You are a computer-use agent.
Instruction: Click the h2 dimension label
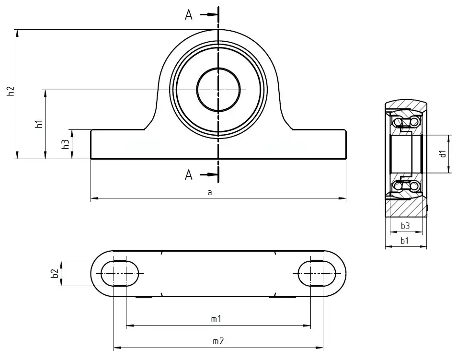tap(11, 93)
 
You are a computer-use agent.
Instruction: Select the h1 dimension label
tap(39, 124)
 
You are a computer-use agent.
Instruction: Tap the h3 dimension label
tap(66, 144)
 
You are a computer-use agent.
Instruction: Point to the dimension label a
tap(209, 193)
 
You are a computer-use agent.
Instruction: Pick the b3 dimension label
tap(405, 226)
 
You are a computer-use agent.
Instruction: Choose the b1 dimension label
tap(405, 242)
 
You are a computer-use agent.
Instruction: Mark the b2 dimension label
tap(55, 273)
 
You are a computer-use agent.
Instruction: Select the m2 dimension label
tap(218, 341)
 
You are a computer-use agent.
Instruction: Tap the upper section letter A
tap(189, 15)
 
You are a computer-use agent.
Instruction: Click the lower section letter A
tap(189, 175)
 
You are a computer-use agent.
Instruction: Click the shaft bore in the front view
tap(218, 90)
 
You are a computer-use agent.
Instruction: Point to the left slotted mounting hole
tap(120, 273)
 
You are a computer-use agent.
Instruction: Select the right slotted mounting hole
tap(317, 273)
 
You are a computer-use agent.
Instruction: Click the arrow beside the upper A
tap(208, 15)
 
